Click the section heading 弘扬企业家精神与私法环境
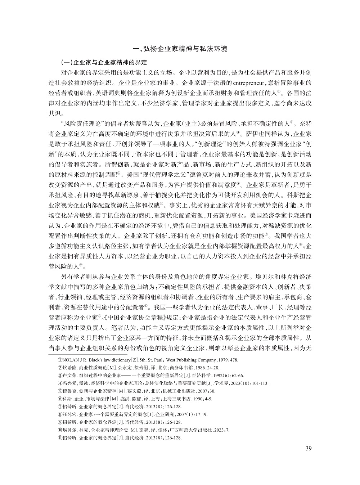185,49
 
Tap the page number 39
308,448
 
